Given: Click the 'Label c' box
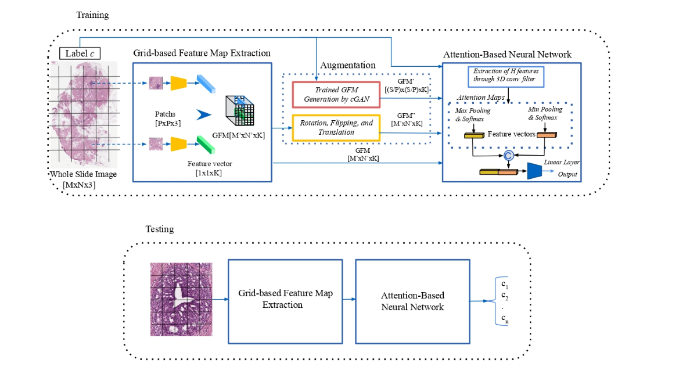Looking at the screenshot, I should pos(80,54).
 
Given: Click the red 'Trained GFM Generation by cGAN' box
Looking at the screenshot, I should pos(336,95).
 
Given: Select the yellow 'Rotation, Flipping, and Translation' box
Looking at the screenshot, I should pos(336,128).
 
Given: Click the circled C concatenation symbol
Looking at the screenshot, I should pos(508,155).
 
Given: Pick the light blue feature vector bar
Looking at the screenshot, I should pos(206,84).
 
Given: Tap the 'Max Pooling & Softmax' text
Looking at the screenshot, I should pos(470,114).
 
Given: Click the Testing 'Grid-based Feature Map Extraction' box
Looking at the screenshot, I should pos(285,300).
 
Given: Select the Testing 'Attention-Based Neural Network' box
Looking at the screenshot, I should pos(412,300).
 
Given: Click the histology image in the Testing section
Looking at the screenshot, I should pos(180,299).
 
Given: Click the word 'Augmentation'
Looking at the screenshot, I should pos(348,65).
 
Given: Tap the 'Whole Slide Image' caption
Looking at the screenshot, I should pos(84,174).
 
